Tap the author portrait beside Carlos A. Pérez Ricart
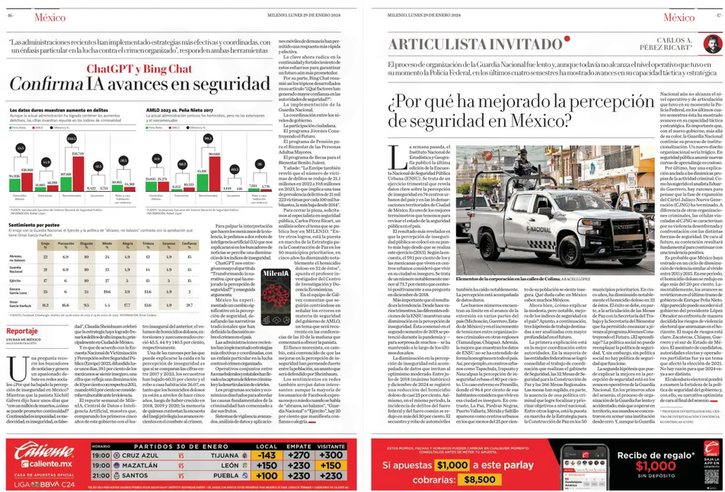pyautogui.click(x=712, y=43)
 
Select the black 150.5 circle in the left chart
pyautogui.click(x=72, y=139)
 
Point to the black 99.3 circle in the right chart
pyautogui.click(x=208, y=139)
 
